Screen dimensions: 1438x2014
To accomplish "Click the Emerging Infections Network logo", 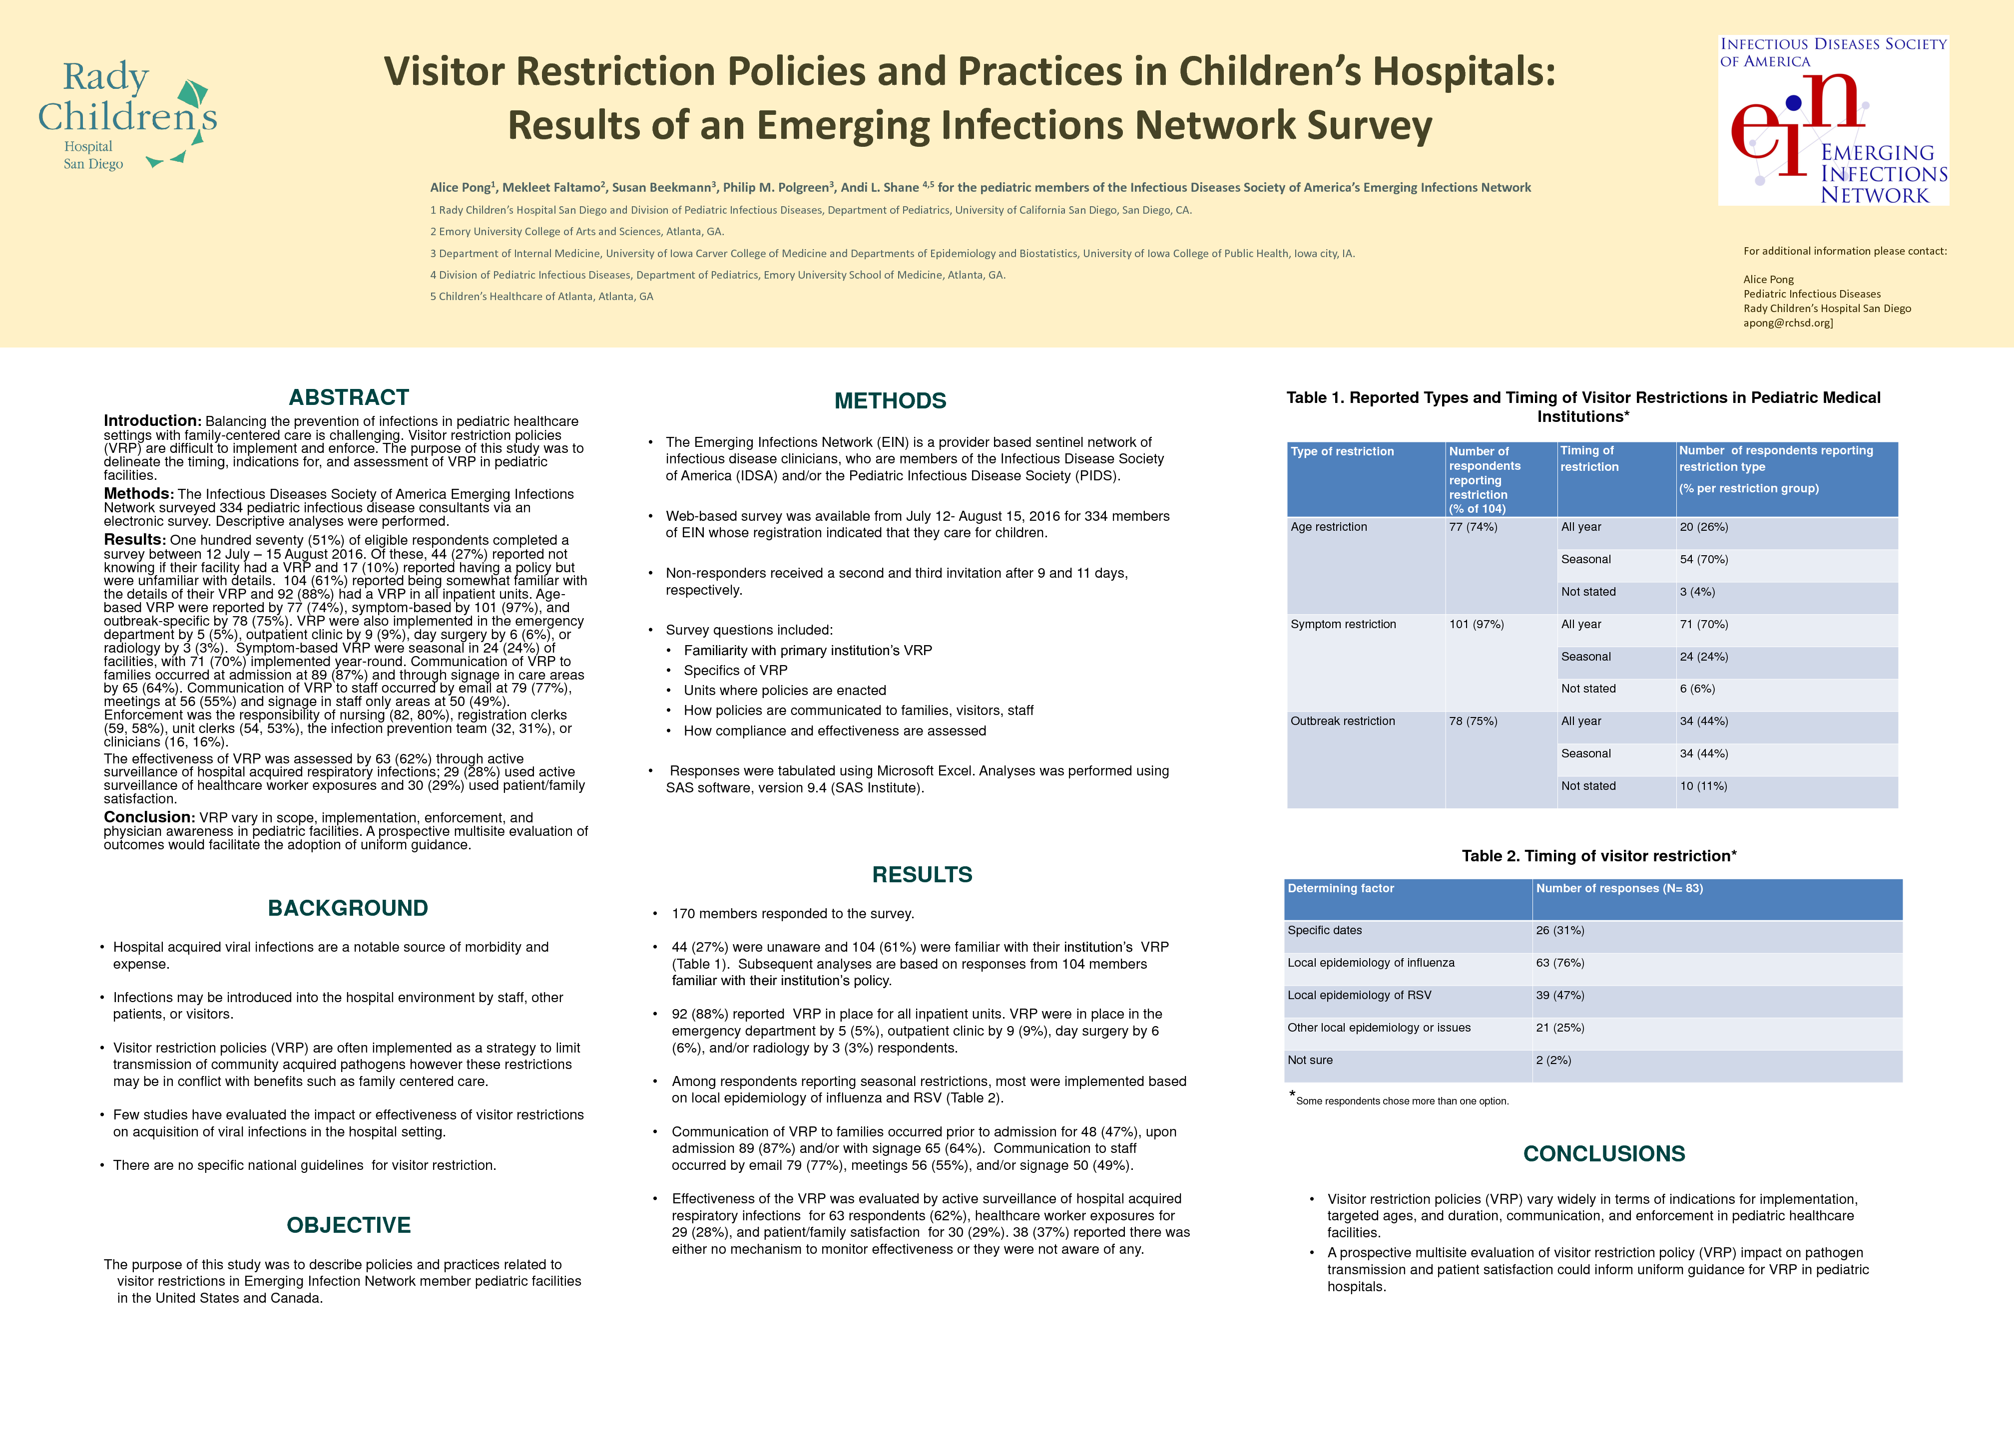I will (1833, 120).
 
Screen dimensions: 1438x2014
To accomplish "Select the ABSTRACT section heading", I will (349, 397).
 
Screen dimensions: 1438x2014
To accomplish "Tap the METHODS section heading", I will (890, 401).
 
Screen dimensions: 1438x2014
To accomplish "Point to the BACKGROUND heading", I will (348, 909).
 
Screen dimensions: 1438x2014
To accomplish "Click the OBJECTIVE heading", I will (349, 1225).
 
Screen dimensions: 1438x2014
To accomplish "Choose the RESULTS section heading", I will (922, 875).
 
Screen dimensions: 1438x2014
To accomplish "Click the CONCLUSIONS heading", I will (1604, 1154).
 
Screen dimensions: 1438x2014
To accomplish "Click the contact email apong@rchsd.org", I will (1787, 323).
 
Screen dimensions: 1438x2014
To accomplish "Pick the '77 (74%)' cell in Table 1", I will (1473, 527).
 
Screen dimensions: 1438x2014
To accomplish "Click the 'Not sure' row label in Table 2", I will (1310, 1061).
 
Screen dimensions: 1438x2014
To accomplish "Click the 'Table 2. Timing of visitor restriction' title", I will (1598, 856).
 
